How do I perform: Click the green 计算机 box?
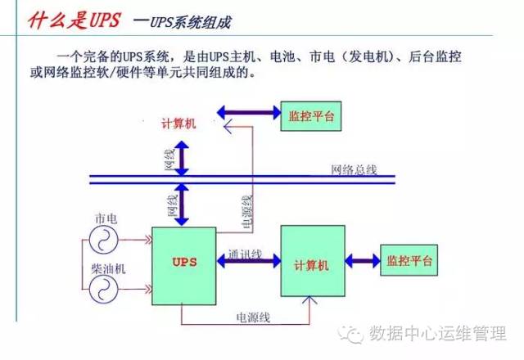[x=313, y=263]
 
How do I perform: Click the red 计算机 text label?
[x=177, y=124]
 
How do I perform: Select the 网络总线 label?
[x=353, y=170]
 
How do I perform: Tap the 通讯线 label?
[x=245, y=252]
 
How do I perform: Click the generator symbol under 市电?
[x=105, y=239]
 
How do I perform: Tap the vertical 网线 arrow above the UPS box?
[x=182, y=204]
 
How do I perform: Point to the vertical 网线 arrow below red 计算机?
[x=182, y=155]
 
